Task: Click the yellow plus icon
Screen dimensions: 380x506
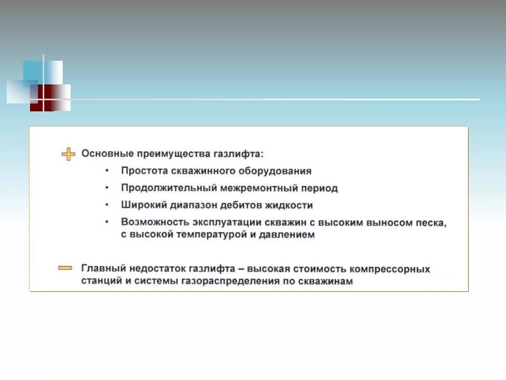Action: coord(69,154)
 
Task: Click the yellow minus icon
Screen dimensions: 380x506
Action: coord(65,268)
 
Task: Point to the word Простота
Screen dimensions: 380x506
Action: coord(143,171)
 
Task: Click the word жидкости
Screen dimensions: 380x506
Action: coord(289,205)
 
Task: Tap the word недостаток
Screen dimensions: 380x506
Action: coord(151,269)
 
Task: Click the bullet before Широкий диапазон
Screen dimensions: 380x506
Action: coord(108,205)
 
